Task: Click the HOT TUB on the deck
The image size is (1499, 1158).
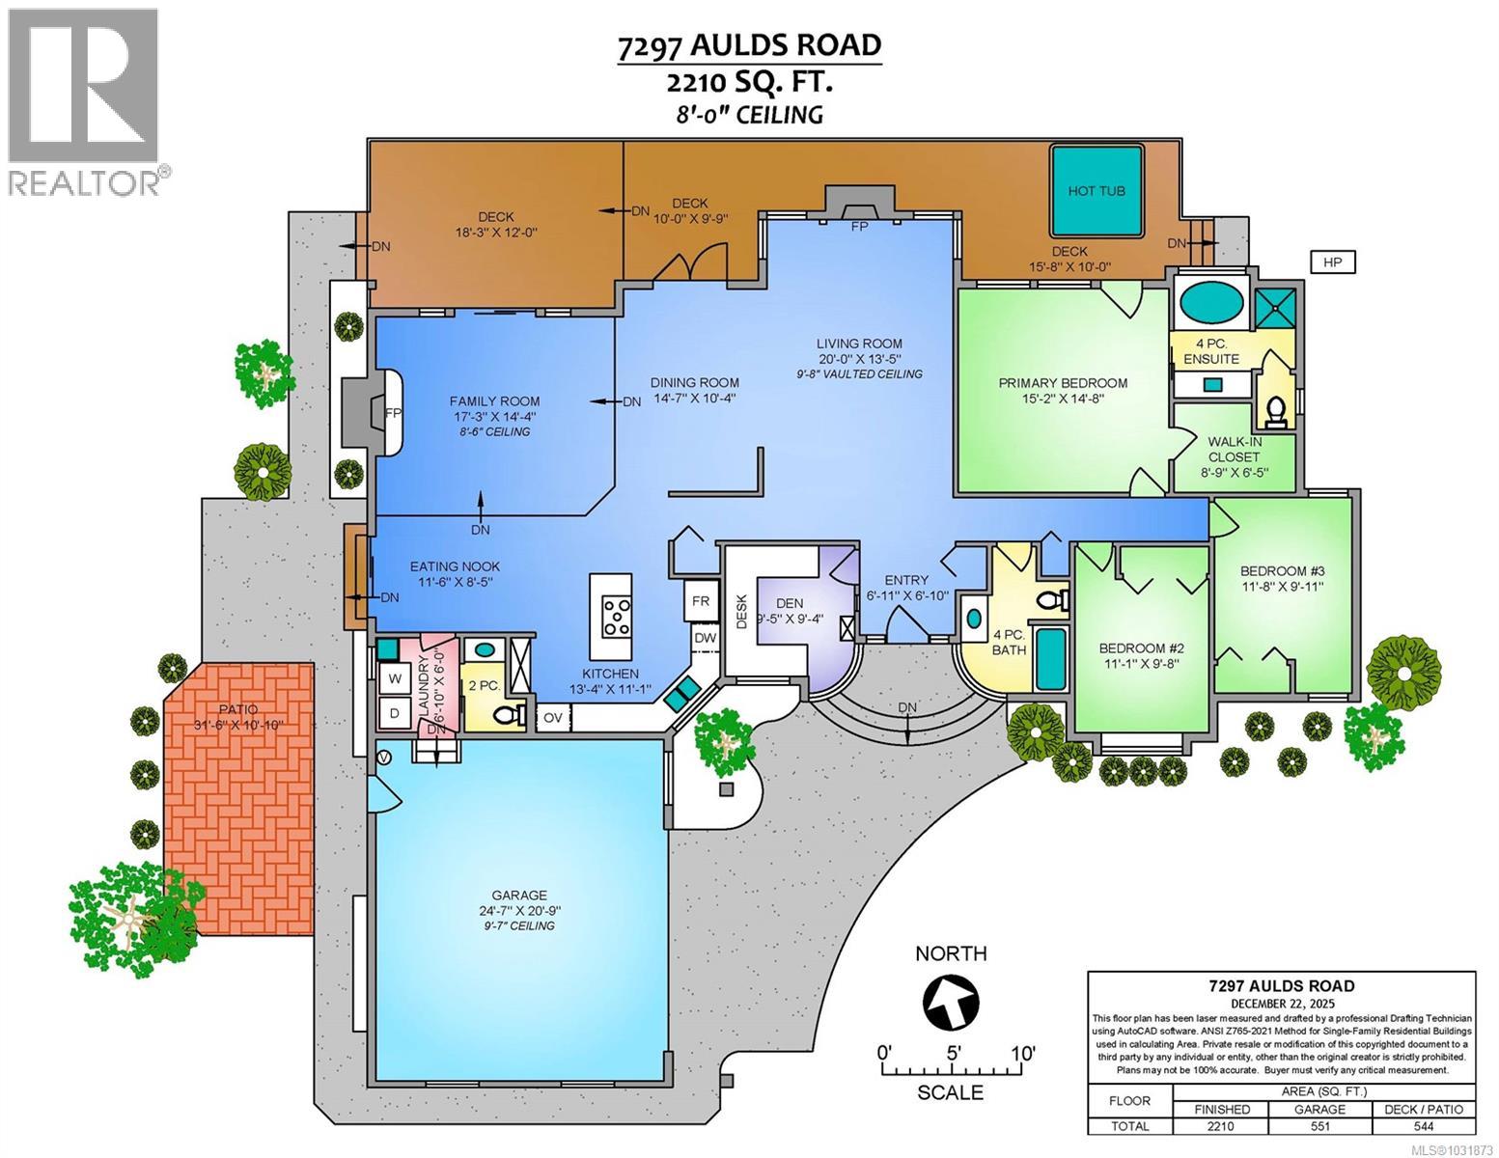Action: coord(1096,191)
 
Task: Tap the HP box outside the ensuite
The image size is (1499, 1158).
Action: coord(1332,262)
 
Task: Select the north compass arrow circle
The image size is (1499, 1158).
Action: coord(951,1003)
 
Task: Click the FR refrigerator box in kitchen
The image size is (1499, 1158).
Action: coord(701,600)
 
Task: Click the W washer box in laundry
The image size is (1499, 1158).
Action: coord(394,678)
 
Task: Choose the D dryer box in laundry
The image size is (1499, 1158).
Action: coord(394,714)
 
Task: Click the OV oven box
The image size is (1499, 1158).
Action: coord(553,717)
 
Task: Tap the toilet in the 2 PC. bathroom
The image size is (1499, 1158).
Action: coord(506,715)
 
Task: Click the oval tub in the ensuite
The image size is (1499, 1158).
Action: coord(1210,303)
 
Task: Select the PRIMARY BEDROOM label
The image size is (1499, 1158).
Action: coord(1063,382)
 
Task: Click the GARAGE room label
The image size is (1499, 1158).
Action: coord(521,895)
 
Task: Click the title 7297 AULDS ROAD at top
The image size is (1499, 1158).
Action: coord(749,45)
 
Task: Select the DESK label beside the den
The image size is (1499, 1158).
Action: coord(742,611)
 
